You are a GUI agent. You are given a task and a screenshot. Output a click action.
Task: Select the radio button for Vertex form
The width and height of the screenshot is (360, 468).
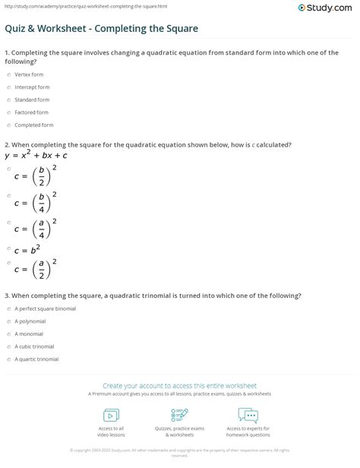tap(7, 76)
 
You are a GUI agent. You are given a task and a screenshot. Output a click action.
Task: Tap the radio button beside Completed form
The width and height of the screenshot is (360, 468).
tap(7, 123)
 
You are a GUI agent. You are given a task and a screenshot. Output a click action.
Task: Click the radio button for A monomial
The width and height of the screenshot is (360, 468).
tap(7, 334)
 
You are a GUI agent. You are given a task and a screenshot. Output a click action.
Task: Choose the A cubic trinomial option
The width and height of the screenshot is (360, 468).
tap(7, 346)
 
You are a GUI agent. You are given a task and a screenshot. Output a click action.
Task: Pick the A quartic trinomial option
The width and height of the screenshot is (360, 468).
tap(7, 359)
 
